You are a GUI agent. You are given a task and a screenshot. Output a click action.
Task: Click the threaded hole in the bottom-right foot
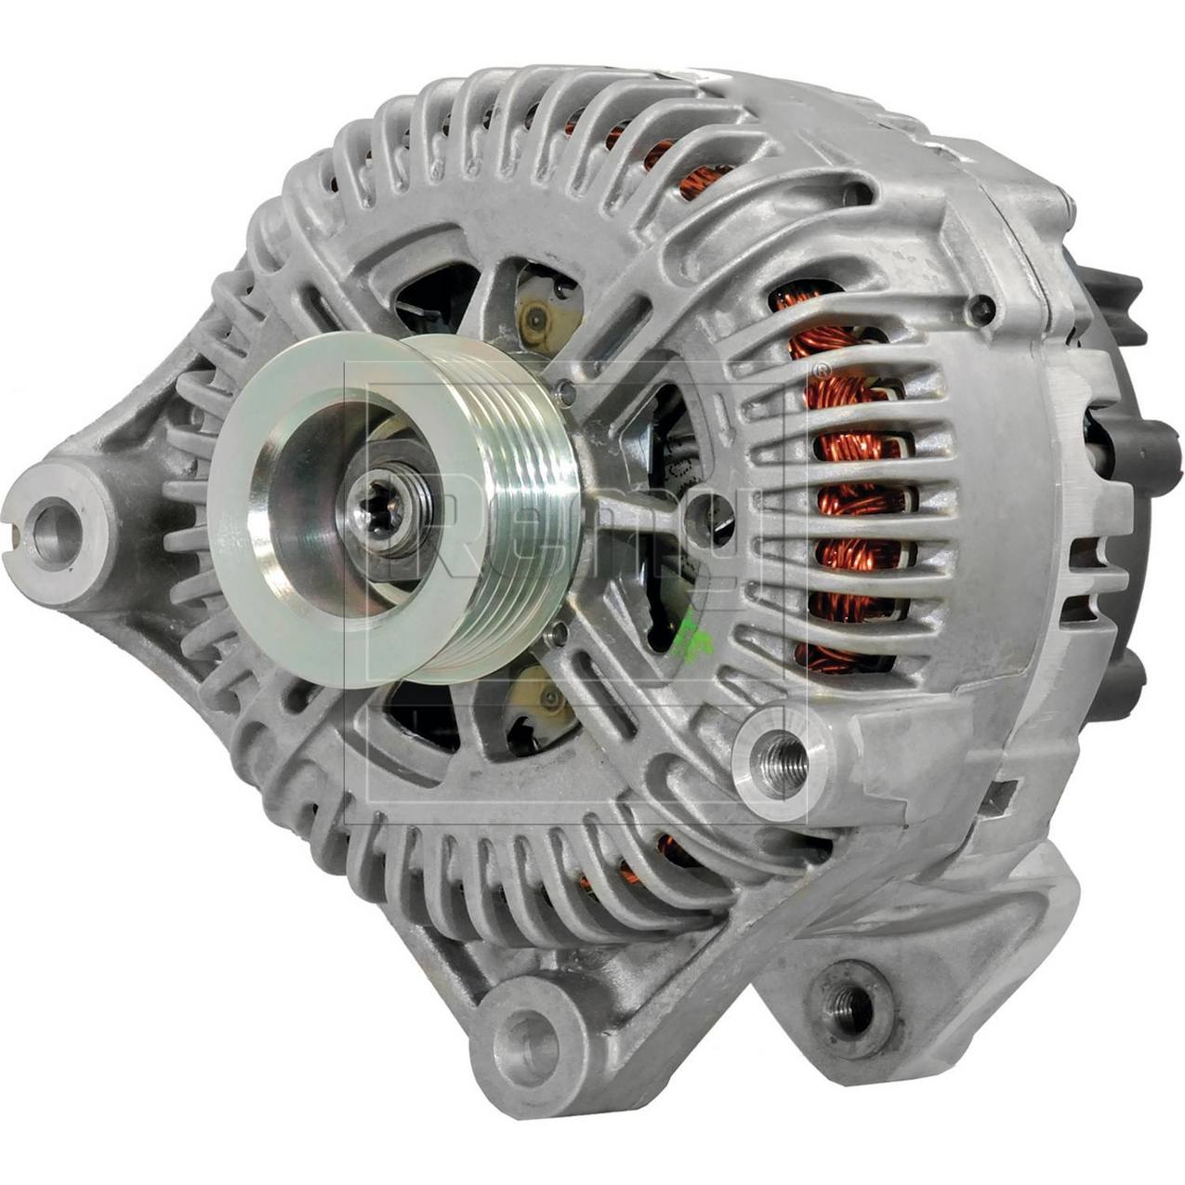849,1002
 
